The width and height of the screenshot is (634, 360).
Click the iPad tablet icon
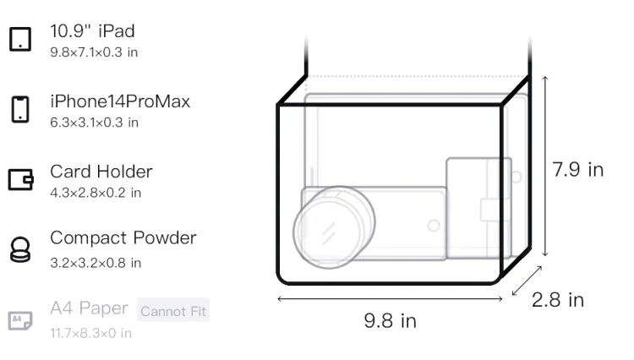(20, 39)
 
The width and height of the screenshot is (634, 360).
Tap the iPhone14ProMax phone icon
(20, 109)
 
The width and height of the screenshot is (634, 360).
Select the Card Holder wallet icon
(20, 179)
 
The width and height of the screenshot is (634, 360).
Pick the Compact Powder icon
(20, 249)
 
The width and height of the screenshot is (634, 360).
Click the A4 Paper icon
(20, 320)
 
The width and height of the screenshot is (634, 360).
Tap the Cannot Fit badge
(173, 310)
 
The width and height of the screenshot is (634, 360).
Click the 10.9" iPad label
(92, 31)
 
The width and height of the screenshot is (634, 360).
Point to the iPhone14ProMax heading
(120, 101)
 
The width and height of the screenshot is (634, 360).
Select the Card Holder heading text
(101, 172)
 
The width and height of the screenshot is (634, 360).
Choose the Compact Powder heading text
(123, 237)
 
